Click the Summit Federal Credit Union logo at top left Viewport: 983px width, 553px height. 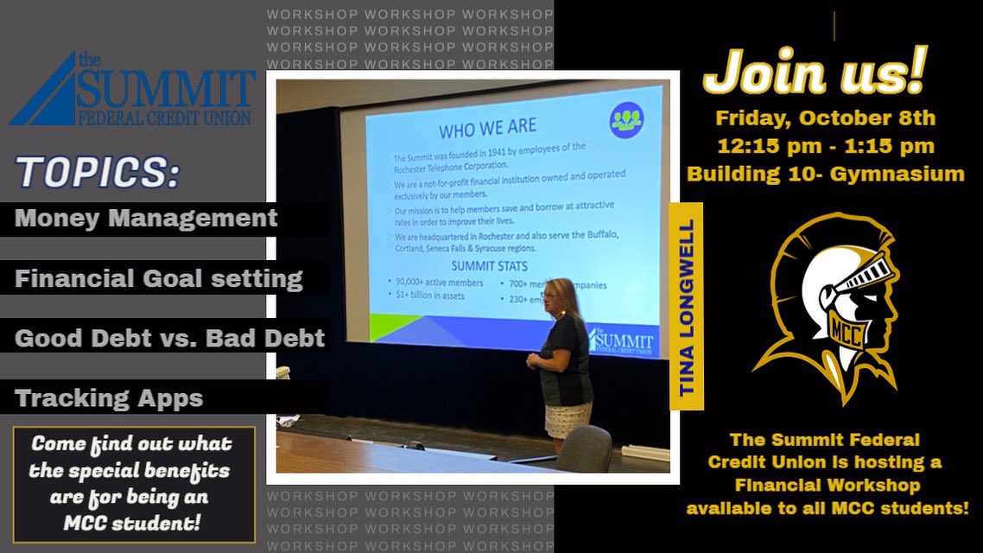click(134, 89)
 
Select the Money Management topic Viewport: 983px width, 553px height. click(146, 218)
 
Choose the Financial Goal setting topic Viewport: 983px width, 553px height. click(159, 278)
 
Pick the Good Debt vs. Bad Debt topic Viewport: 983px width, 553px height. click(170, 337)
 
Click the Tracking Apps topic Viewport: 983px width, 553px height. click(109, 397)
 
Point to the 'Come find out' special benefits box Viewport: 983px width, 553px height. click(134, 483)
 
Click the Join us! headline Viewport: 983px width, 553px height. click(814, 73)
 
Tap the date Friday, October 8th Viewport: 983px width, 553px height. click(825, 118)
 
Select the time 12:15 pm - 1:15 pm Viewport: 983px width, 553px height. click(825, 146)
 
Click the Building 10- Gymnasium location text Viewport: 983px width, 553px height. click(825, 174)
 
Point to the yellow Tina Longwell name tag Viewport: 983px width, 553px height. click(687, 307)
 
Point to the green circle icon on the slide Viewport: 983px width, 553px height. click(626, 120)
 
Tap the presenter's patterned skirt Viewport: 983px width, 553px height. click(568, 420)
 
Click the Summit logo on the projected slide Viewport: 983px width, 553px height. click(622, 340)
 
